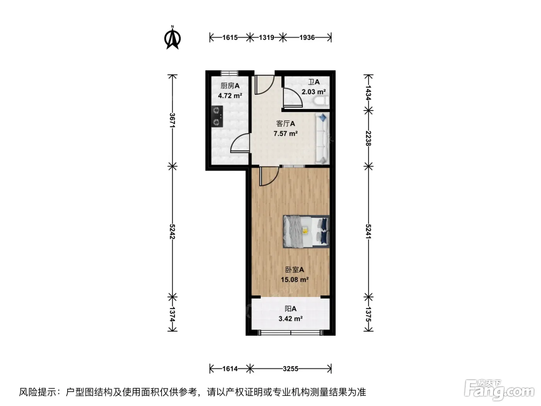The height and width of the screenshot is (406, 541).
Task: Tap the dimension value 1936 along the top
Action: [307, 38]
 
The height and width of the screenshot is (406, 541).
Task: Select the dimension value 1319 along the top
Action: [266, 38]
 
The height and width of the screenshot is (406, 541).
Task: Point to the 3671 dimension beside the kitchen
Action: [172, 120]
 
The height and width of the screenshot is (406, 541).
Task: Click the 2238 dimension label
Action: [368, 138]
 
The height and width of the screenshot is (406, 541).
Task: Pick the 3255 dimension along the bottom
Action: [291, 369]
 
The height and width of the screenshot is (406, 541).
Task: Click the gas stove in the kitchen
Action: [217, 116]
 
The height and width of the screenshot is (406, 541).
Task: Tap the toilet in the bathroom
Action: [322, 101]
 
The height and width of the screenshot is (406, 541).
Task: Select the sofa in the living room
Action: [322, 138]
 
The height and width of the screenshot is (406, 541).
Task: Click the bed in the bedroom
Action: [306, 231]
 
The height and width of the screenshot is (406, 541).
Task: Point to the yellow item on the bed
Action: [305, 230]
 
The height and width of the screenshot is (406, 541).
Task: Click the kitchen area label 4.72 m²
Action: [230, 96]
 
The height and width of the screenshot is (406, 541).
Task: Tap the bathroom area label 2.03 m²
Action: [314, 92]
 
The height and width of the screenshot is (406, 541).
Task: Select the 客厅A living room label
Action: [286, 123]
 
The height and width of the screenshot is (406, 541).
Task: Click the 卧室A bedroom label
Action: [294, 270]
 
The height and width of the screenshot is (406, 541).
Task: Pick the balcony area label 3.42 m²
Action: [291, 319]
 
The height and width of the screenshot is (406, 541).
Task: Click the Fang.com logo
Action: [499, 391]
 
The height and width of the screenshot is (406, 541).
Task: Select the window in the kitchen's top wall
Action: [229, 73]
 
